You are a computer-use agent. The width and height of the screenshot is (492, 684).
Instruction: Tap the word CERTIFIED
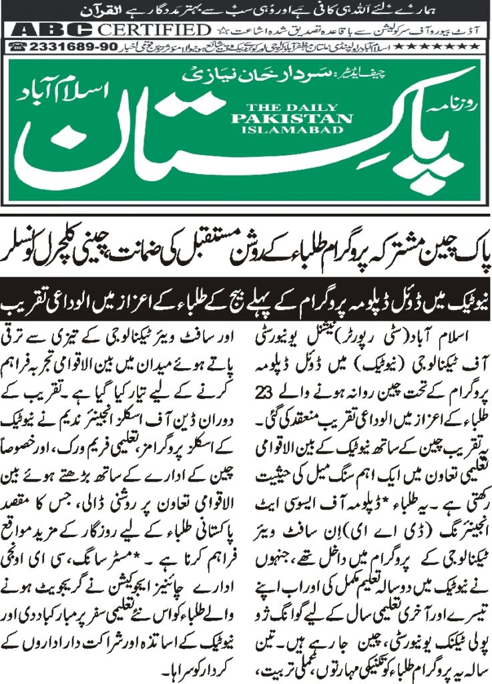(154, 30)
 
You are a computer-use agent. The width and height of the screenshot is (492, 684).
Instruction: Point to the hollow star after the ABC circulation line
(218, 30)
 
